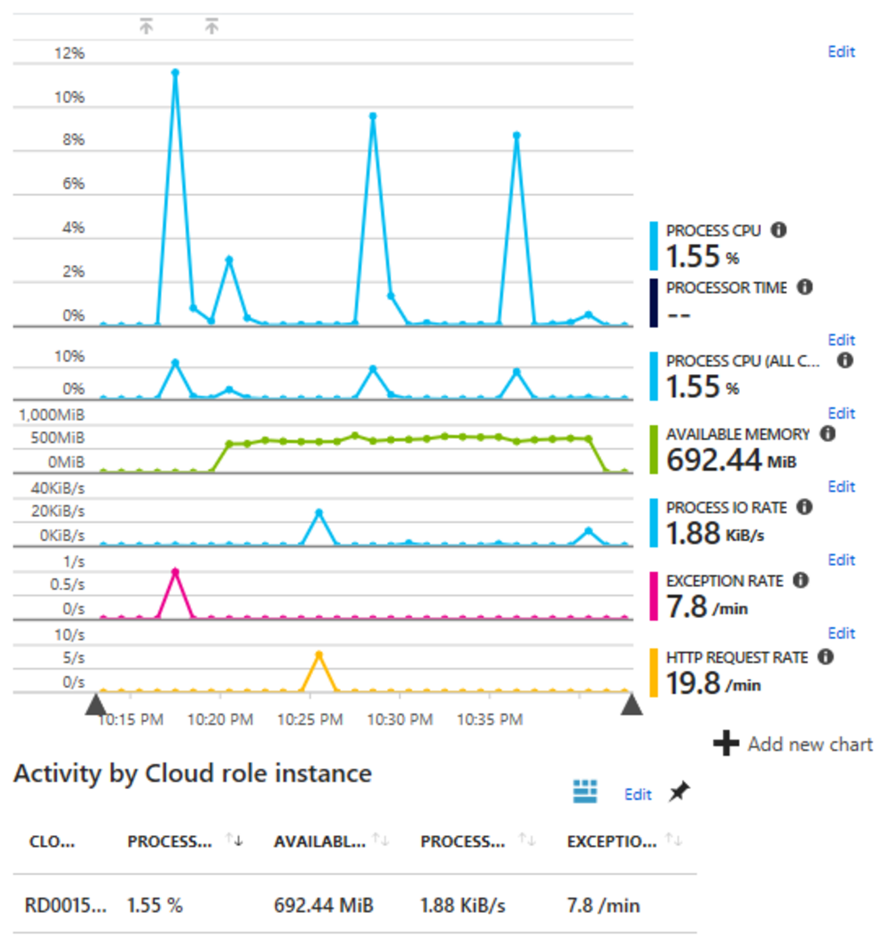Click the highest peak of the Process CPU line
click(x=175, y=72)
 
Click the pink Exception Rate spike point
click(x=175, y=572)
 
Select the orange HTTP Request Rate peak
click(x=319, y=655)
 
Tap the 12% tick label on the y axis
click(x=70, y=54)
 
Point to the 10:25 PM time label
click(x=310, y=719)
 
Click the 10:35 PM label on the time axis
click(x=489, y=719)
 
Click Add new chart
click(x=794, y=744)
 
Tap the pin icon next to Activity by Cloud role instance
click(x=679, y=792)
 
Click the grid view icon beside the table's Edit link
click(x=585, y=792)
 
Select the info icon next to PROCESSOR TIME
click(x=804, y=287)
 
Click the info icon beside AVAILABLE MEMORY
click(x=827, y=433)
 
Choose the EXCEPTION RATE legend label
click(x=724, y=581)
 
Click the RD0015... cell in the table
click(x=65, y=905)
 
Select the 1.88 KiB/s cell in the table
click(x=462, y=905)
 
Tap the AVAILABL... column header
click(x=319, y=842)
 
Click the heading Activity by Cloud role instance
click(x=192, y=773)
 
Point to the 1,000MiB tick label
click(x=52, y=415)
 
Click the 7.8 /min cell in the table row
click(x=603, y=905)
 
